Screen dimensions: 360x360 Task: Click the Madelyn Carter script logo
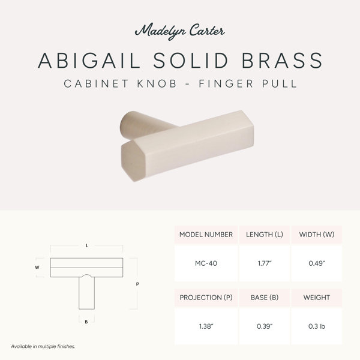point(180,31)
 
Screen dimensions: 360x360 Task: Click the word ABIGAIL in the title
point(89,61)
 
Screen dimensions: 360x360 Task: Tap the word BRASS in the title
point(282,61)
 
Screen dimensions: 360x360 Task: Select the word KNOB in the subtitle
point(157,83)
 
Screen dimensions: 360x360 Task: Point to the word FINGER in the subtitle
point(226,83)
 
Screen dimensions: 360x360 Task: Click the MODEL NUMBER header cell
point(206,235)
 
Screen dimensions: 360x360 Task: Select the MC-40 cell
point(206,263)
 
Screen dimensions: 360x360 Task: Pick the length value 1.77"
point(265,263)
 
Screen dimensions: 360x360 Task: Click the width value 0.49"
point(317,263)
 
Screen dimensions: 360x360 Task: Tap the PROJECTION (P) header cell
point(206,298)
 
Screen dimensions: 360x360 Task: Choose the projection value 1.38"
point(206,326)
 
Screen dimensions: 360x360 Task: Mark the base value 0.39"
point(265,326)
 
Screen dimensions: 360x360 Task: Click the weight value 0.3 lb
point(317,326)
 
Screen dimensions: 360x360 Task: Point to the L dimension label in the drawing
point(87,245)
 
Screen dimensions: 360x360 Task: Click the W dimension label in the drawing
point(37,267)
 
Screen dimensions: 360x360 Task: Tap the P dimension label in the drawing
point(137,284)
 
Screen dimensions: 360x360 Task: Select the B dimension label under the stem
point(86,322)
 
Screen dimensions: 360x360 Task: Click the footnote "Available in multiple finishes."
point(43,346)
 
